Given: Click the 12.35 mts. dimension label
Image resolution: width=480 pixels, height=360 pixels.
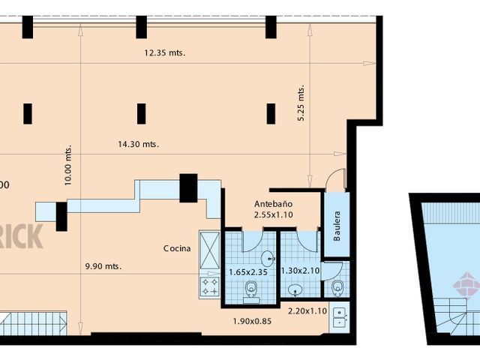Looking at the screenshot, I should (x=164, y=52).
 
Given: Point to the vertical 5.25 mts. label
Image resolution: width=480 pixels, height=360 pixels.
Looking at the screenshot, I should (x=301, y=103).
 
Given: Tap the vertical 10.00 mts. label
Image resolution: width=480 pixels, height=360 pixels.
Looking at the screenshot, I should (x=68, y=166).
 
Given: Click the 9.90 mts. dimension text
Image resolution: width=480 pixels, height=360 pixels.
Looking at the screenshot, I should (x=103, y=266).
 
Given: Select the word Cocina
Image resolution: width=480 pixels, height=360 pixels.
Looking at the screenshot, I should (x=177, y=248).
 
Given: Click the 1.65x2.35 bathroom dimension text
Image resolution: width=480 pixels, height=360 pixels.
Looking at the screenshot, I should (x=248, y=271).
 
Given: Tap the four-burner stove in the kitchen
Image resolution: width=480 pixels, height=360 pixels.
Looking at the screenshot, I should (x=208, y=286).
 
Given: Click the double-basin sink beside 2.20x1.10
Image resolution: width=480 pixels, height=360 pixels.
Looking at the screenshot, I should (x=338, y=317).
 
